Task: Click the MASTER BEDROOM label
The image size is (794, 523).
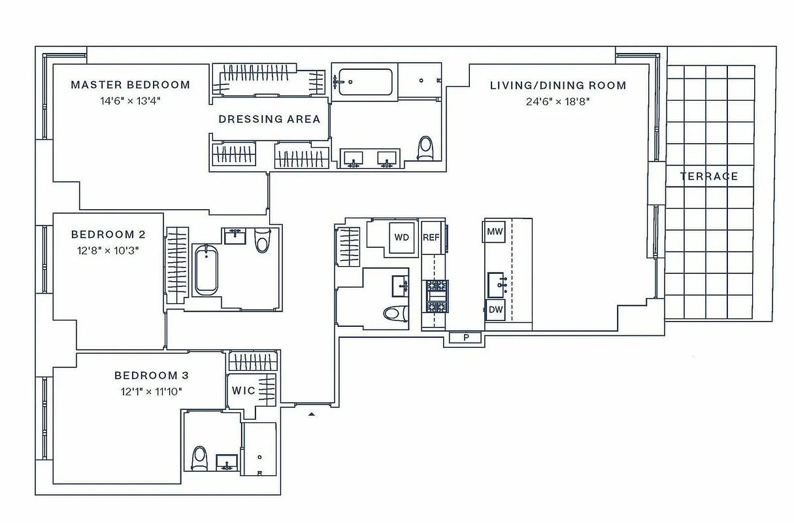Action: (x=130, y=85)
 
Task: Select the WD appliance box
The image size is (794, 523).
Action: (x=401, y=237)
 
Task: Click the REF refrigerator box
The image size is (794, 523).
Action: (x=431, y=237)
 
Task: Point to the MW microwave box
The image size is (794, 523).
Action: (x=495, y=231)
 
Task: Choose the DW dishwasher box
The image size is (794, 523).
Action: (x=495, y=310)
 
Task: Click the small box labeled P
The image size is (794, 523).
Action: (x=466, y=338)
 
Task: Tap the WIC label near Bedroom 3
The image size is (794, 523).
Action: (x=243, y=391)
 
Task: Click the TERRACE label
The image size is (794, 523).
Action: (x=708, y=177)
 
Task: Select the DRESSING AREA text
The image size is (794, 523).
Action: (x=269, y=119)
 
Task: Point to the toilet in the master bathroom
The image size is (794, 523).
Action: (x=425, y=148)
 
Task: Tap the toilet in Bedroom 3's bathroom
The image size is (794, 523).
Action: (x=199, y=458)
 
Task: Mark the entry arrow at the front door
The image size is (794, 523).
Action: (x=312, y=414)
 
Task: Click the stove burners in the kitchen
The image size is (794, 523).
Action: (x=437, y=296)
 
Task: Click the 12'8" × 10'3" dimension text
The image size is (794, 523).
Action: (x=108, y=250)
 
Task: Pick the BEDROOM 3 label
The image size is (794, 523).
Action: (x=151, y=376)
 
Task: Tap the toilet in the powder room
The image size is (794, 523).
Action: (x=394, y=313)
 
